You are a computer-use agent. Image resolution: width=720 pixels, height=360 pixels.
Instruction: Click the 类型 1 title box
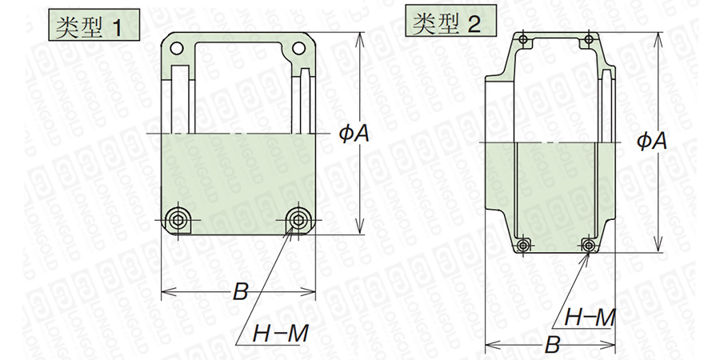coord(94,24)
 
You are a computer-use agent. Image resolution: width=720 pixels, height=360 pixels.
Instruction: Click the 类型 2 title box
coord(450,21)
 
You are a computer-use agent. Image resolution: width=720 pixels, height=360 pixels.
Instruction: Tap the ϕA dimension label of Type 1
coord(354,134)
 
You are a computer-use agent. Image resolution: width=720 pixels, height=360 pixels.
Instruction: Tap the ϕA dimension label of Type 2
coord(651,142)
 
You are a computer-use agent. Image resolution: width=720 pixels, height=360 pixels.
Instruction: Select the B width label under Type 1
coord(240,291)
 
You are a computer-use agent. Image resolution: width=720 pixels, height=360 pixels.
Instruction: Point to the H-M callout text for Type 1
coord(281,334)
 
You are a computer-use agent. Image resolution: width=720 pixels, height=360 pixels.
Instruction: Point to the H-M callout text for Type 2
coord(590,317)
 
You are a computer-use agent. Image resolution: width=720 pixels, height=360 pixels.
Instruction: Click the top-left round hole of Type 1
coord(177,48)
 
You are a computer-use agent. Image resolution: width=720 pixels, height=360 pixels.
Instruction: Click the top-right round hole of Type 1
coord(298,48)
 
